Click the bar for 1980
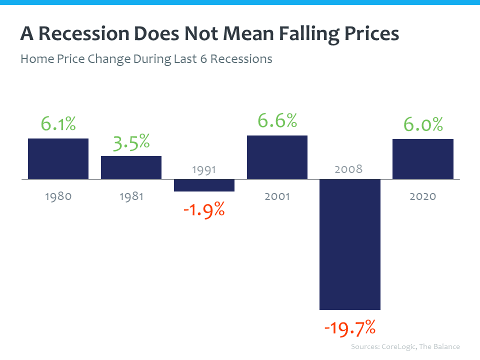58,158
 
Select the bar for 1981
131,167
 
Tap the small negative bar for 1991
204,185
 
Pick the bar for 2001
277,157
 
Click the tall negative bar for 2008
350,244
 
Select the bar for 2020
423,159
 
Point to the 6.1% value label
58,124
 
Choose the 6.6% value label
277,120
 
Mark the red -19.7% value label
350,328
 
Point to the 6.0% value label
423,124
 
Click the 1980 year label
58,196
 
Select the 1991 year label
204,169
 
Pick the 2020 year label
423,196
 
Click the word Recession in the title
82,34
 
